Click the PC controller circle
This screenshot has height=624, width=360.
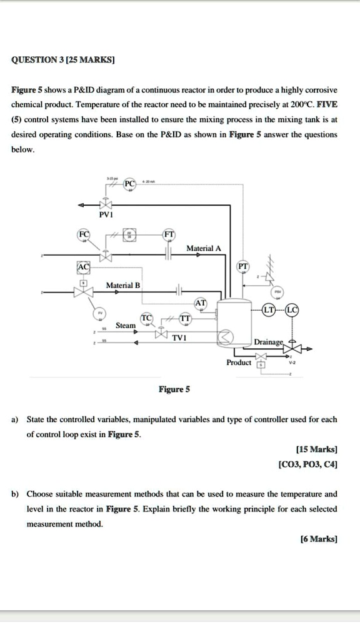coord(129,184)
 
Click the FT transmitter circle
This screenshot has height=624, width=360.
coord(168,236)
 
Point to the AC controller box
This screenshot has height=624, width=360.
coord(82,268)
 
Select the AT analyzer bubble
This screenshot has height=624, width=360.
coord(201,303)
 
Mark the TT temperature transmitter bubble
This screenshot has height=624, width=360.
coord(185,318)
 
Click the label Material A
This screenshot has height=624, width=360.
coord(204,248)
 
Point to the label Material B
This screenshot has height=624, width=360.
coord(123,286)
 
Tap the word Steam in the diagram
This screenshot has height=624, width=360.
coord(125,325)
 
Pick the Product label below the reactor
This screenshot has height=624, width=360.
coord(239,363)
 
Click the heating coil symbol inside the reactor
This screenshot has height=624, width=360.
coord(224,338)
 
